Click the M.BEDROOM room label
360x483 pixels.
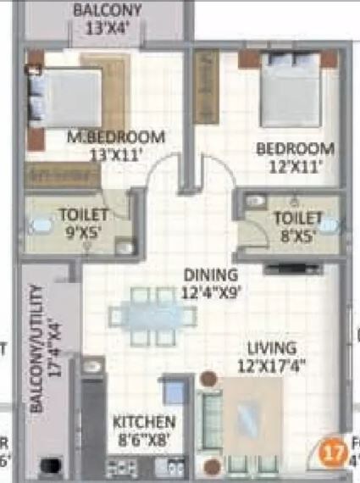(x=115, y=137)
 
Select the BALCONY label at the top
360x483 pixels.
(x=108, y=11)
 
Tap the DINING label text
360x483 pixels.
(x=212, y=275)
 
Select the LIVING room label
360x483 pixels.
(x=272, y=348)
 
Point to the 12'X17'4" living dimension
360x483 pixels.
(x=271, y=367)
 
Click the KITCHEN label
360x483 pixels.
(x=144, y=422)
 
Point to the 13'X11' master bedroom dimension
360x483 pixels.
(x=115, y=155)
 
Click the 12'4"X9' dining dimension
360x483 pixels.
(x=212, y=293)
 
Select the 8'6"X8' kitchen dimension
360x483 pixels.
(x=144, y=440)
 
